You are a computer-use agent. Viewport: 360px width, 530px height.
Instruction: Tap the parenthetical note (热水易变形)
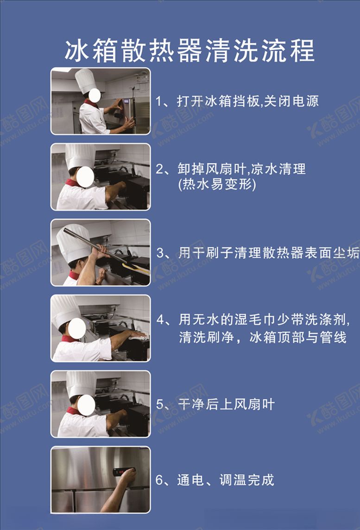point(217,185)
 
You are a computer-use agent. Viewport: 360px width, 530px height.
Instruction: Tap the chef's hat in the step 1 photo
point(85,80)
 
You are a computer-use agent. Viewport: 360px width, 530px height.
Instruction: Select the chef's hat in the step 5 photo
point(82,384)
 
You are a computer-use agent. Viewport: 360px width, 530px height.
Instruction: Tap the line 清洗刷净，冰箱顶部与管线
point(263,337)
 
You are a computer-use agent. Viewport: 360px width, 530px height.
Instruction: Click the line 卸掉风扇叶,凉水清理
point(241,169)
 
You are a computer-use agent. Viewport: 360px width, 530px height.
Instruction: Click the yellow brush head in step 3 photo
point(136,269)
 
